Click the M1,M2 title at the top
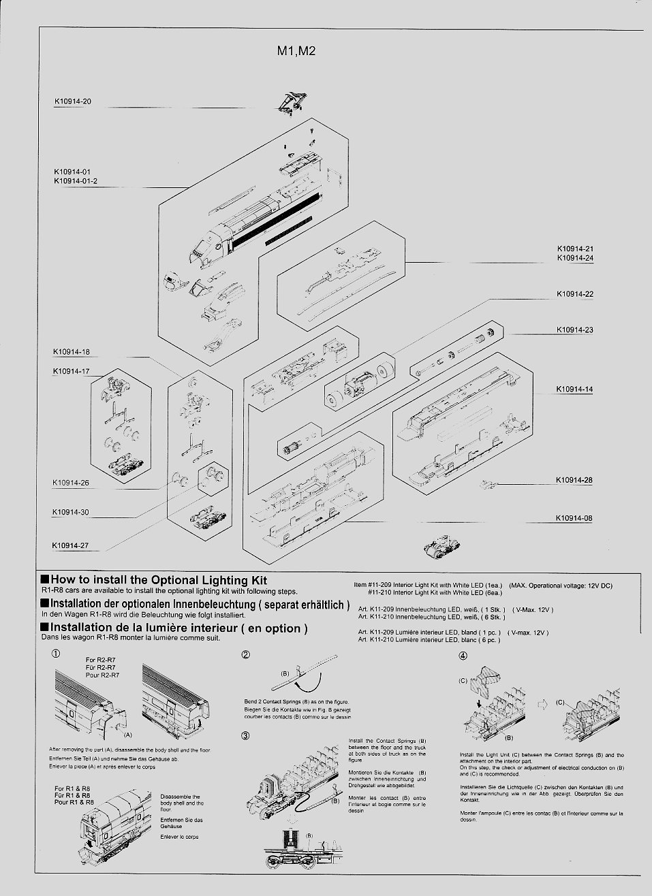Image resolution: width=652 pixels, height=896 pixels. coord(296,52)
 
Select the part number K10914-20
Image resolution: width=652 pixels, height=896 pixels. coord(72,101)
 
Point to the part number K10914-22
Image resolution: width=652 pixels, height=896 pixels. coord(574,294)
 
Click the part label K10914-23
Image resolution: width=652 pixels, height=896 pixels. coord(574,330)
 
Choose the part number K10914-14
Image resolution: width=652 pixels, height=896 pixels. coord(574,389)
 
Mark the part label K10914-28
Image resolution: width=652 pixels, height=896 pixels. coord(574,480)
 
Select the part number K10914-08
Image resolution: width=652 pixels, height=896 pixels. coord(574,518)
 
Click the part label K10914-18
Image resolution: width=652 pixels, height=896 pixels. coord(71,352)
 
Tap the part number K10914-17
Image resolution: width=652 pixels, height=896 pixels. coord(71,371)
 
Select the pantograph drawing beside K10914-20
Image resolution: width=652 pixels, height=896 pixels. coord(291,101)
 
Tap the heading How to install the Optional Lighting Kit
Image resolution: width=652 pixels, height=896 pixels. coord(159,580)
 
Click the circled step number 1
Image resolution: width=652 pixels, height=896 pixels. coord(56,654)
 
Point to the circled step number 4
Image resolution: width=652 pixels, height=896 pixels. coord(463,656)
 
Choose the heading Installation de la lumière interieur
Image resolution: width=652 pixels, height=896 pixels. coord(178,628)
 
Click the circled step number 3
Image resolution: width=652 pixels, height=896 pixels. coord(245,735)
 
